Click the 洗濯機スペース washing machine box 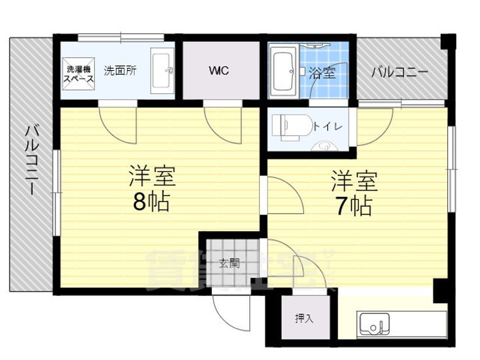[x=78, y=73]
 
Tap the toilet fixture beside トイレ [x=288, y=125]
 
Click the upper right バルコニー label [x=399, y=71]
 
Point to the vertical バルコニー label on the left [x=31, y=159]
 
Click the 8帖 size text [x=151, y=200]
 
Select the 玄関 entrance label [x=229, y=263]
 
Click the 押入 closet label [x=304, y=319]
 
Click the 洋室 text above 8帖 [x=151, y=176]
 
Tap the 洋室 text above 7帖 [x=354, y=181]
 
